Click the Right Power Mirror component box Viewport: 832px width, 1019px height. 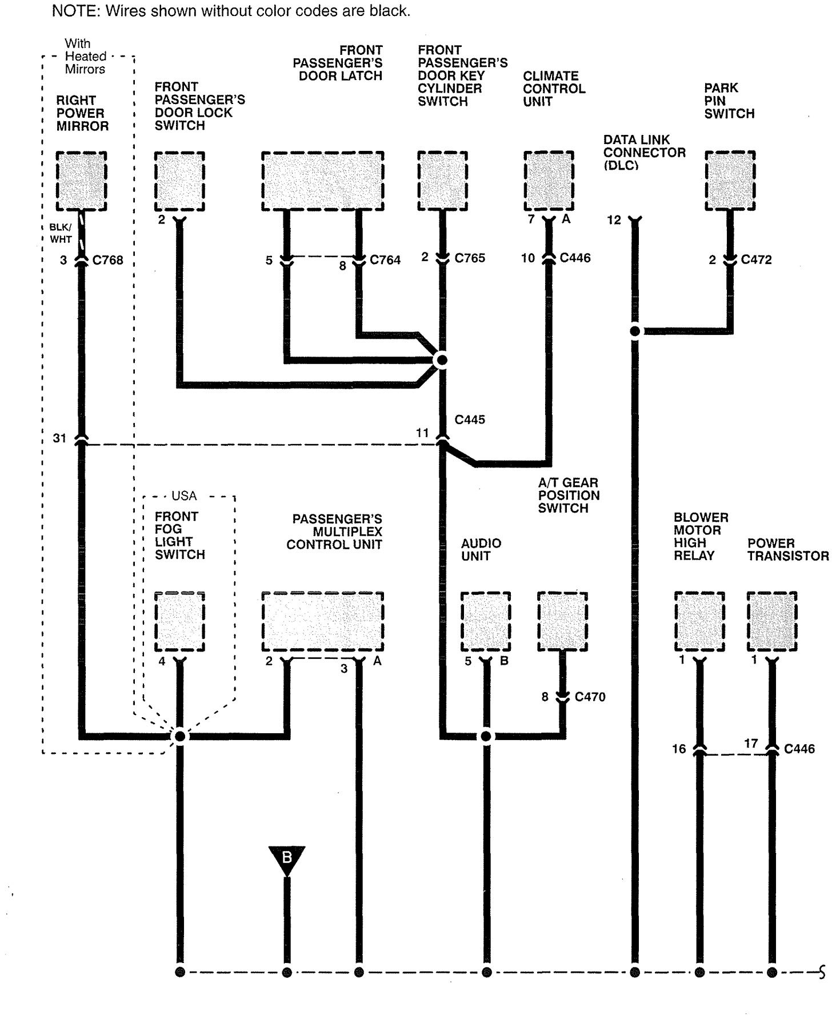pyautogui.click(x=81, y=181)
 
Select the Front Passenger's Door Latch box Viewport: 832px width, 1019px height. pyautogui.click(x=322, y=181)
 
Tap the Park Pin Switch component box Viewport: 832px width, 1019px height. pyautogui.click(x=730, y=181)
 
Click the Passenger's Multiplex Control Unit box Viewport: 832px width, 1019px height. pyautogui.click(x=322, y=622)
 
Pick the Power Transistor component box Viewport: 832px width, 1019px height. pyautogui.click(x=772, y=622)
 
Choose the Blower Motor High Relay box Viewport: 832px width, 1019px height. pyautogui.click(x=699, y=622)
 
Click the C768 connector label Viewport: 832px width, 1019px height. pyautogui.click(x=108, y=261)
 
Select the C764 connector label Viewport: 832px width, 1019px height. pyautogui.click(x=385, y=260)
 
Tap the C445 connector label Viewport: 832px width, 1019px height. pyautogui.click(x=470, y=419)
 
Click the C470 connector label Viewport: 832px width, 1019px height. pyautogui.click(x=590, y=697)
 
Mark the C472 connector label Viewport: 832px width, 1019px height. pyautogui.click(x=756, y=260)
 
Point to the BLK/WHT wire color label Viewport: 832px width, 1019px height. pyautogui.click(x=60, y=233)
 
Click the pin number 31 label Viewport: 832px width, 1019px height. pyautogui.click(x=59, y=438)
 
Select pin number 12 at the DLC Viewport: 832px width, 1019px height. pyautogui.click(x=614, y=220)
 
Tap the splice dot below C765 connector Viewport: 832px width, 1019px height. pyautogui.click(x=441, y=360)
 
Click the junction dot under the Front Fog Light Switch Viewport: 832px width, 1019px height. pyautogui.click(x=179, y=736)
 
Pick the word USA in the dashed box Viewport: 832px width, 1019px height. pyautogui.click(x=183, y=496)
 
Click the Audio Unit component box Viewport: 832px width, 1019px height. pyautogui.click(x=486, y=622)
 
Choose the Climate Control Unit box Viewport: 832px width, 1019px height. pyautogui.click(x=549, y=181)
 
